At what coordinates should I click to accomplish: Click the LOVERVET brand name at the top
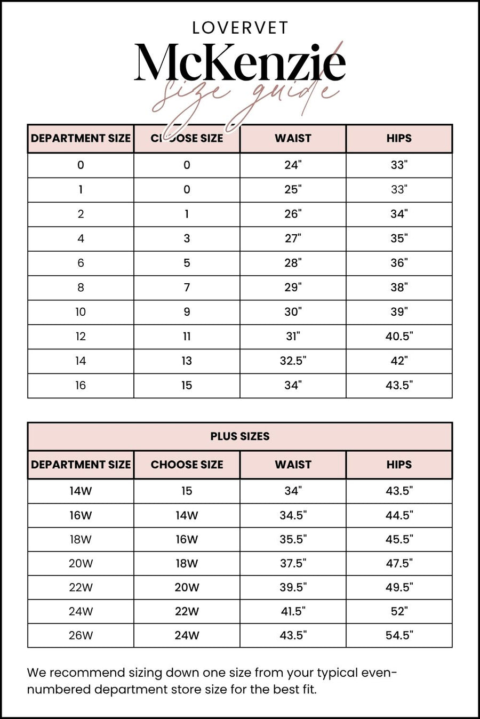(240, 28)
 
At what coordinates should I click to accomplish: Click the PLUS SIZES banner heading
(240, 436)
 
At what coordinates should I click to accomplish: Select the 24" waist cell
(293, 165)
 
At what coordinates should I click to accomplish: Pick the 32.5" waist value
(293, 361)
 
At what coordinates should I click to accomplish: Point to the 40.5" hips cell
(399, 337)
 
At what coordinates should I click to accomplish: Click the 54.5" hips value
(399, 635)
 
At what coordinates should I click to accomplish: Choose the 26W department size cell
(81, 635)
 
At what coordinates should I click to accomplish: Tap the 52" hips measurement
(399, 611)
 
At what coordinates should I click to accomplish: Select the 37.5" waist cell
(293, 563)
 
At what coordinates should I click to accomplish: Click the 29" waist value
(293, 287)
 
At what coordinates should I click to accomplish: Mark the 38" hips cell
(399, 287)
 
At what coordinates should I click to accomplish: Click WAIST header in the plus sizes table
(293, 465)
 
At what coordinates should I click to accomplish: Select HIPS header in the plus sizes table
(399, 465)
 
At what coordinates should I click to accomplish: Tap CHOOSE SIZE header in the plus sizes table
(187, 465)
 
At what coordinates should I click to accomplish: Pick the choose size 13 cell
(187, 361)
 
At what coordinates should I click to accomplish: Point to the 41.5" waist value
(293, 611)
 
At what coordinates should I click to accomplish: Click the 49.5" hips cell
(399, 587)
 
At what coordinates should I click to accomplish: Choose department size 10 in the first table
(81, 312)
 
